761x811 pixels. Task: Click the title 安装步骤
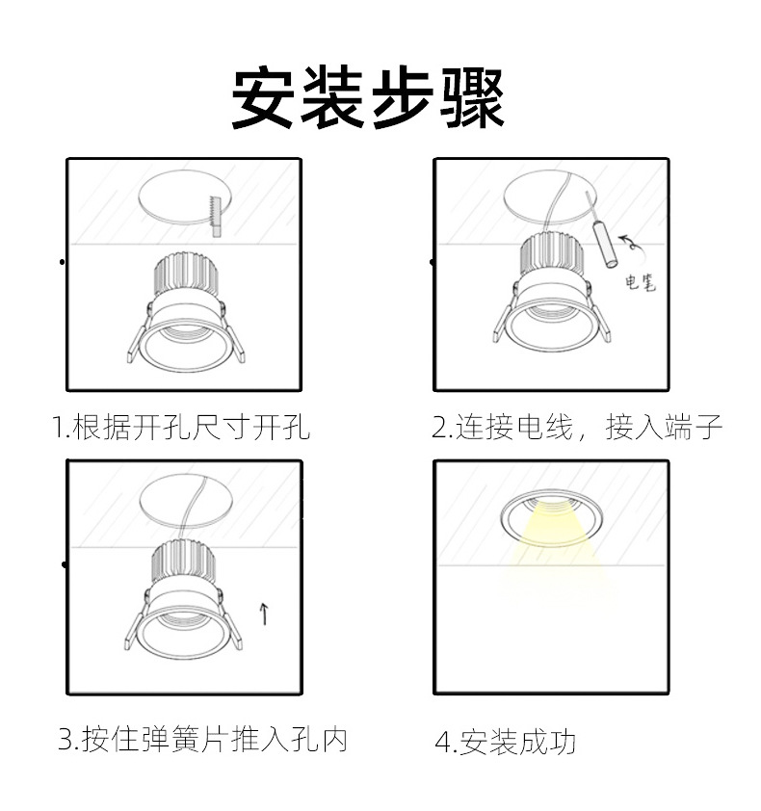point(369,98)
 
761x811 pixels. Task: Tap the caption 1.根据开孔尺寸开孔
point(181,427)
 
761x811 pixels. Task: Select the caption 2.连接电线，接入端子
point(576,427)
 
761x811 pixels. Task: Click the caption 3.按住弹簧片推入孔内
point(202,740)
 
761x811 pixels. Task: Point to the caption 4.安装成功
point(506,743)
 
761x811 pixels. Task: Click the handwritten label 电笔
point(641,283)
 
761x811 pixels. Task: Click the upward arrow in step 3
point(265,613)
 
